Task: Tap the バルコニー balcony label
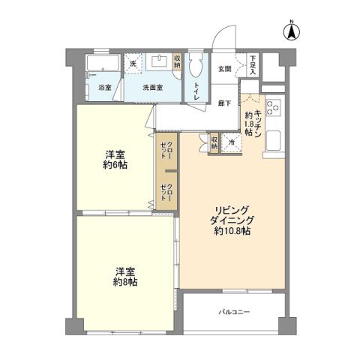coord(235,311)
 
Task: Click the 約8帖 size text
coord(125,283)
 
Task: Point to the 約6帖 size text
coord(115,165)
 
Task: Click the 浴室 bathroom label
coord(105,88)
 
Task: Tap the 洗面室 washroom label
coord(155,88)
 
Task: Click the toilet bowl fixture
coord(196,67)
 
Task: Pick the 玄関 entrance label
coord(224,69)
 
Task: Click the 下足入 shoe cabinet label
coord(253,64)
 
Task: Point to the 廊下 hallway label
coord(223,103)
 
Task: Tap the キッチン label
coord(257,119)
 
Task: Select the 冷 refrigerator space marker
coord(232,142)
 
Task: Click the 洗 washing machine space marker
coord(133,64)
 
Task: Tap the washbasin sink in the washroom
coord(159,62)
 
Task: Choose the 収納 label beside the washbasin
coord(177,62)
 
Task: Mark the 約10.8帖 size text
coord(232,231)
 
